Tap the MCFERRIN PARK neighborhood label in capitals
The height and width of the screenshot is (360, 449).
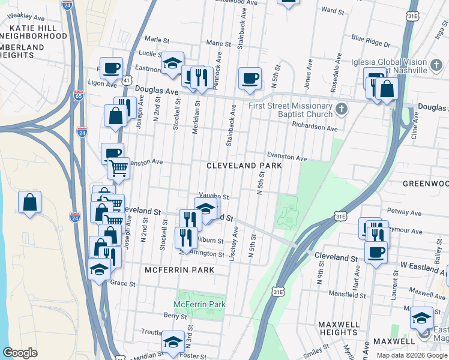(x=179, y=271)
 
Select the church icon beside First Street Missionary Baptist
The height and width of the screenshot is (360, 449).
(x=342, y=109)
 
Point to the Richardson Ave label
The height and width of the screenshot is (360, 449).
(x=315, y=127)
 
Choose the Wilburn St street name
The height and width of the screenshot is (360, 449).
(x=211, y=241)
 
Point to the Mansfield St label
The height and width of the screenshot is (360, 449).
(x=348, y=294)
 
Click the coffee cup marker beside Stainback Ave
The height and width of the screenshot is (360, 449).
(x=250, y=78)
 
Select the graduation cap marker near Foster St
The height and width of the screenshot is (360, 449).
(x=173, y=342)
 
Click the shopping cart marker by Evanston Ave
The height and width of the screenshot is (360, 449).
(x=119, y=168)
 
